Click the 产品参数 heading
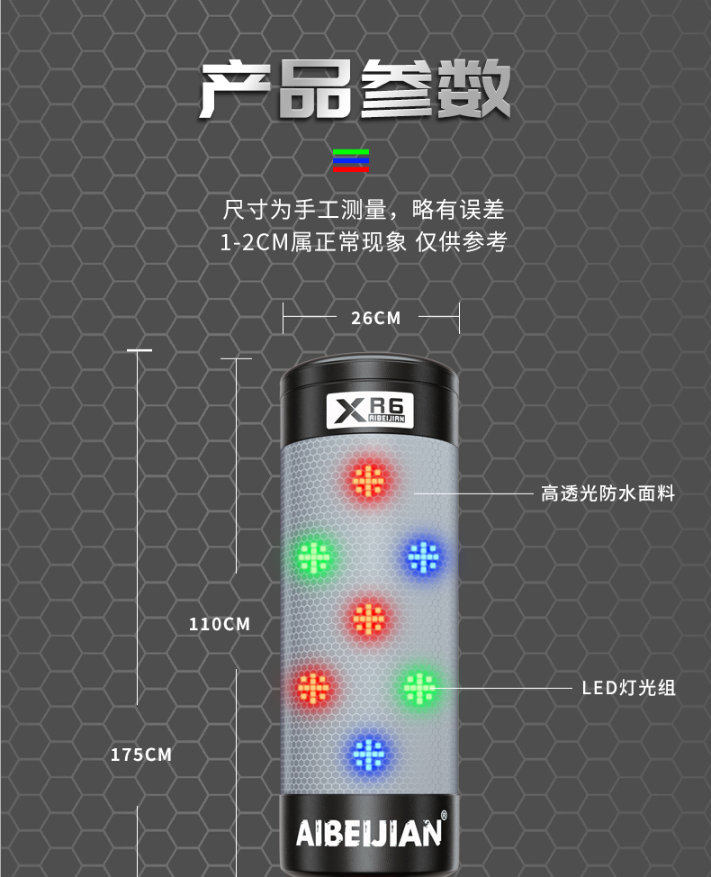[x=355, y=89]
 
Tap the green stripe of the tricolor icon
[x=351, y=152]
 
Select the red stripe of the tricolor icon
[x=351, y=168]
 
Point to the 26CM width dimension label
[x=375, y=318]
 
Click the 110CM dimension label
[x=219, y=624]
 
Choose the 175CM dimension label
[x=141, y=755]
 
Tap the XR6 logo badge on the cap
[x=370, y=411]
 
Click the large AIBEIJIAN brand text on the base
[x=369, y=834]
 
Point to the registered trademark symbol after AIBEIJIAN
[x=444, y=816]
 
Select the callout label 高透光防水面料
[x=607, y=493]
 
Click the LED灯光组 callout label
[x=628, y=688]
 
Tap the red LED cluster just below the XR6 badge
[x=369, y=480]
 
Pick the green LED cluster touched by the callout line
[x=419, y=687]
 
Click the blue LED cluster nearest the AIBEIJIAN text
[x=368, y=754]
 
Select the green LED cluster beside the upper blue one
[x=314, y=557]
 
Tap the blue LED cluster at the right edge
[x=423, y=557]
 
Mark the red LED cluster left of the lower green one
[x=313, y=687]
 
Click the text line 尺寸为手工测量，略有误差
[x=364, y=210]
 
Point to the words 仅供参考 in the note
[x=461, y=242]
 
